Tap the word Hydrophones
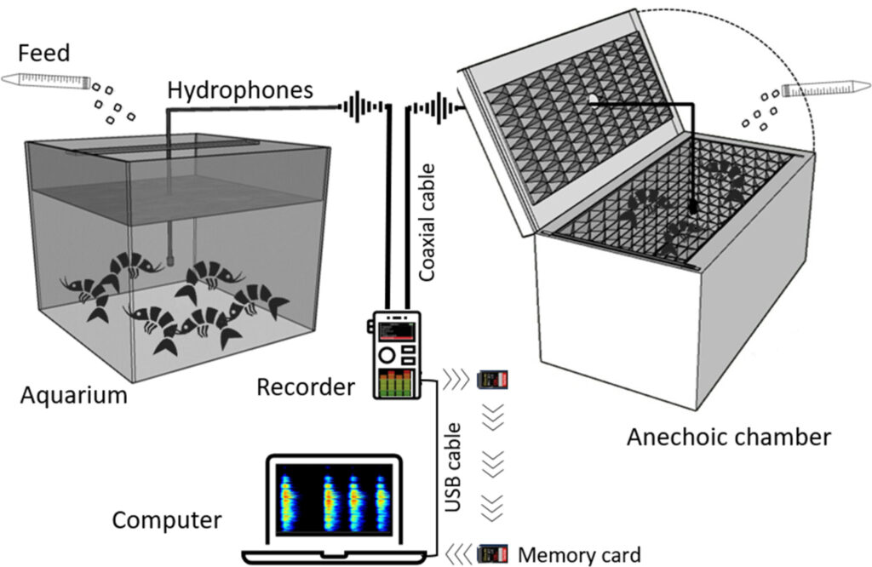[x=240, y=90]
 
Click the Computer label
[x=167, y=519]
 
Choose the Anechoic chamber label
[x=728, y=438]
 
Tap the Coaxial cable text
[x=429, y=223]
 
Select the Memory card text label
[x=579, y=555]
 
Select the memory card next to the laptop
[x=493, y=553]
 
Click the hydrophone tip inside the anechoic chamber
[x=693, y=206]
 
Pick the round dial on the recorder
[x=387, y=352]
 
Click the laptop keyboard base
[x=333, y=558]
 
